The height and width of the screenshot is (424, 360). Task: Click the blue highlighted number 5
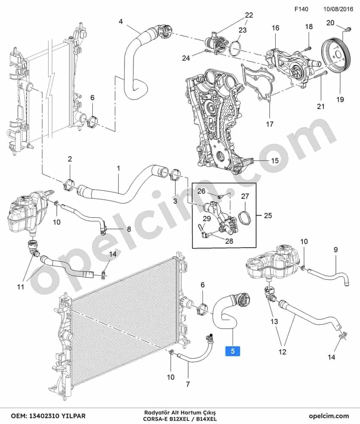pyautogui.click(x=233, y=351)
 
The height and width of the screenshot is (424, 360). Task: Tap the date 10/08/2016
pyautogui.click(x=338, y=9)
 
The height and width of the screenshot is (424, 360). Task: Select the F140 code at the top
pyautogui.click(x=301, y=9)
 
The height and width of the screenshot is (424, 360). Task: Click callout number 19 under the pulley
pyautogui.click(x=340, y=100)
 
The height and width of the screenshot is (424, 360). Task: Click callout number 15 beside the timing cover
pyautogui.click(x=274, y=161)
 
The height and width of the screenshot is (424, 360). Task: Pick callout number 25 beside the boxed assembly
pyautogui.click(x=268, y=215)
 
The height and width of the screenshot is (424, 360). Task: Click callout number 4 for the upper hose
pyautogui.click(x=121, y=21)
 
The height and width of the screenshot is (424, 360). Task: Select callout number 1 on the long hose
pyautogui.click(x=118, y=168)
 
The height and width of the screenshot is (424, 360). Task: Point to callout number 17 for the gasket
pyautogui.click(x=269, y=124)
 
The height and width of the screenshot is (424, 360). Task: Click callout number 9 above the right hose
pyautogui.click(x=336, y=249)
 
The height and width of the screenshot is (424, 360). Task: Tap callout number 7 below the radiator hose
pyautogui.click(x=188, y=384)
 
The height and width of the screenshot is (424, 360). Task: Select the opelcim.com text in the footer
pyautogui.click(x=329, y=416)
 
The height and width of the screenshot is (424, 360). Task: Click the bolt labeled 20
pyautogui.click(x=348, y=28)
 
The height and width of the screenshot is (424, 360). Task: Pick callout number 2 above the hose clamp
pyautogui.click(x=70, y=159)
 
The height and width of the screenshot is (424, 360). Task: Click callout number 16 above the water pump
pyautogui.click(x=275, y=28)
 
